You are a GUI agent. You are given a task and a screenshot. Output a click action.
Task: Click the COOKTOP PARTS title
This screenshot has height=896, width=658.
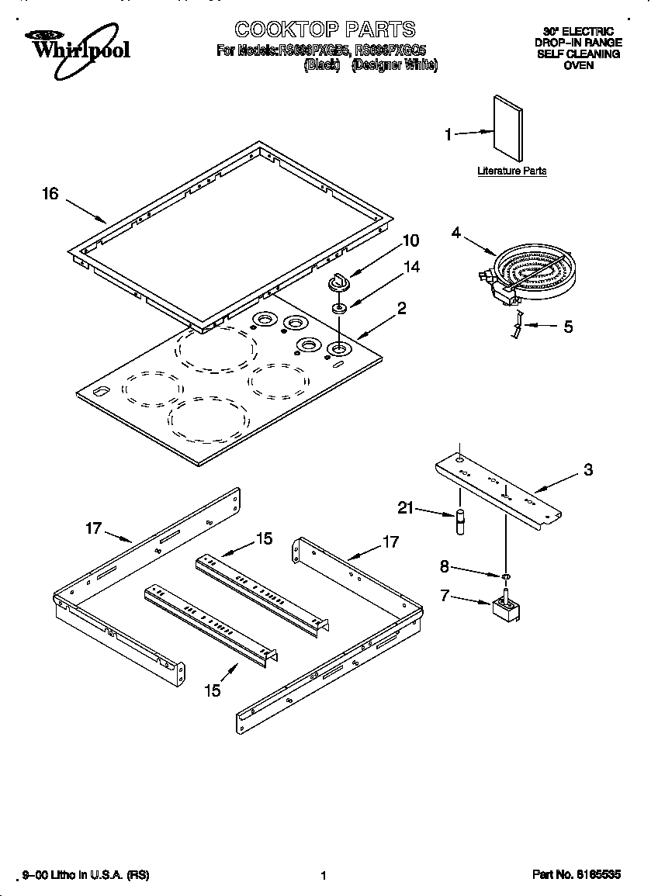(x=324, y=30)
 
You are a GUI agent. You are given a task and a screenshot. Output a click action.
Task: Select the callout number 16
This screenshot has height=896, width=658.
(x=50, y=194)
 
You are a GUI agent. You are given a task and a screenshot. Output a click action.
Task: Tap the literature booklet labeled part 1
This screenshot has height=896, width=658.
(x=507, y=129)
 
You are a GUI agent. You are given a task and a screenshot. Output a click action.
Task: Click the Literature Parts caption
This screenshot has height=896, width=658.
(x=511, y=171)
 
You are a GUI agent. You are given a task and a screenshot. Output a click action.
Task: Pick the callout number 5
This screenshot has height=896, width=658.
(x=568, y=327)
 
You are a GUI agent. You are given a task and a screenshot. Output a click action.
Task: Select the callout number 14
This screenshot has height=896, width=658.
(x=411, y=267)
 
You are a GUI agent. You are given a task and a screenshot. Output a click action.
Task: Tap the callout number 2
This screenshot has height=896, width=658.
(x=401, y=308)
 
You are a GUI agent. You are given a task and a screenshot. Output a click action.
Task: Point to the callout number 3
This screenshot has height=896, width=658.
(x=588, y=470)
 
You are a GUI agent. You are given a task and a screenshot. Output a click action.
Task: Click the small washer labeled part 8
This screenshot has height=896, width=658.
(x=504, y=576)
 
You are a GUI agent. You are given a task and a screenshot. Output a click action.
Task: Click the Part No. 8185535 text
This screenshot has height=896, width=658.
(x=577, y=875)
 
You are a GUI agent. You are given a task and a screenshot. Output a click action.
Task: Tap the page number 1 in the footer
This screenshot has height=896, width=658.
(x=323, y=876)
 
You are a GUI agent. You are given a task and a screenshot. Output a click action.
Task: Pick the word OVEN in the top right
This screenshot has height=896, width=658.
(x=579, y=65)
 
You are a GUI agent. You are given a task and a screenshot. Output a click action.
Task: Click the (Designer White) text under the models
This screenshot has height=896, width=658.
(x=394, y=66)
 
